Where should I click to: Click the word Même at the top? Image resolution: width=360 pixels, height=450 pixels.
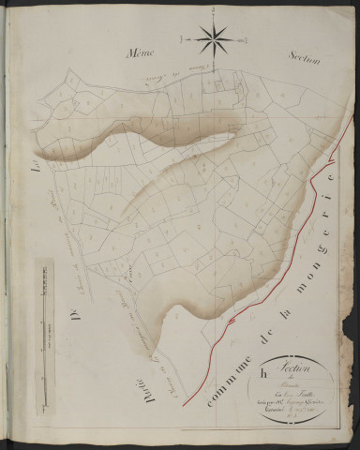145,56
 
